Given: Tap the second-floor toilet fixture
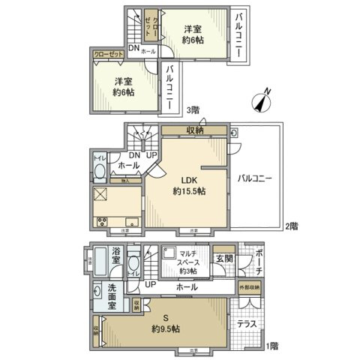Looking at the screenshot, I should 99,172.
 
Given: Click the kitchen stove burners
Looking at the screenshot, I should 103,220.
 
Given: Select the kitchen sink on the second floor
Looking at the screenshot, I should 130,220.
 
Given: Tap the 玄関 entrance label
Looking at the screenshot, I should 223,259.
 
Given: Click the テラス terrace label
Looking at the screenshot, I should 247,325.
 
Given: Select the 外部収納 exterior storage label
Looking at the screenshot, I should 250,287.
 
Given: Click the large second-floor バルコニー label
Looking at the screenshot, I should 256,178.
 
